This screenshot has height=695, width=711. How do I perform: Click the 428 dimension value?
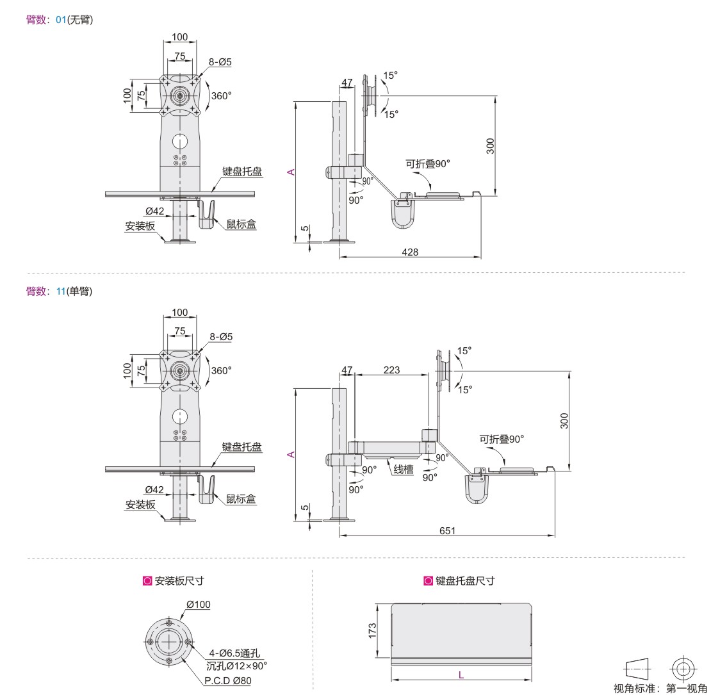click(x=410, y=252)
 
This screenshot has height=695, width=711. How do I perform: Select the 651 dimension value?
click(x=447, y=530)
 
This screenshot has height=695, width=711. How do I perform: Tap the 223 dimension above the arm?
click(x=391, y=370)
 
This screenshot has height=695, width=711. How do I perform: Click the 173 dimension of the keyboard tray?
click(x=372, y=630)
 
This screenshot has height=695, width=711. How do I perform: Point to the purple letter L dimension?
click(x=461, y=675)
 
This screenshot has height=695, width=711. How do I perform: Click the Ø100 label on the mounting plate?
click(x=198, y=604)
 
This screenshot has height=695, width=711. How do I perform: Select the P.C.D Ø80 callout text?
click(x=227, y=680)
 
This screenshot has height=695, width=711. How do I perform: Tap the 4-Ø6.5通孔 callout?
click(x=234, y=653)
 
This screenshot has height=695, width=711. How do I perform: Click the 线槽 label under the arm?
click(x=403, y=470)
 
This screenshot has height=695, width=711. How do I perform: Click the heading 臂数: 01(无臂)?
click(x=60, y=20)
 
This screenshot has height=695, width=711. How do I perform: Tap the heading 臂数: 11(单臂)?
click(x=59, y=291)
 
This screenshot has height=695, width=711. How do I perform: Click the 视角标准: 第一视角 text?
click(x=660, y=689)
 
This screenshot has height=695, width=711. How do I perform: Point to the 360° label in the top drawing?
click(x=221, y=95)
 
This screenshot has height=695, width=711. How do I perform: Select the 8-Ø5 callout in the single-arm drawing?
click(x=221, y=337)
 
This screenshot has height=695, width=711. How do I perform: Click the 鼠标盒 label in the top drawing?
click(x=241, y=224)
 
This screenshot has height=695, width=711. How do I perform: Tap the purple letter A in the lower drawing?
click(x=291, y=454)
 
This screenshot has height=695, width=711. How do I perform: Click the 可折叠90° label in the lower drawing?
click(x=502, y=439)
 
